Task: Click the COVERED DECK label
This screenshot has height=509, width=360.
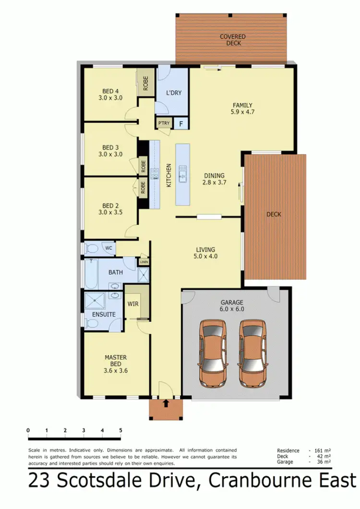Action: [232, 40]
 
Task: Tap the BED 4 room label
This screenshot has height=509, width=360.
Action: [110, 91]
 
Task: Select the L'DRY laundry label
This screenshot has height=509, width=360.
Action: [173, 93]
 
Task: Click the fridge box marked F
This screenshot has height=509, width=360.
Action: [180, 123]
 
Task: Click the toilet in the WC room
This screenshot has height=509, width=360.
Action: [91, 248]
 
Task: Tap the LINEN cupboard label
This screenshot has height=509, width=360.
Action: [144, 262]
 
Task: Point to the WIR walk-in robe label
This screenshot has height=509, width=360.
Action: [132, 303]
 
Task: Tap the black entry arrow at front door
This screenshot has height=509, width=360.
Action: [166, 403]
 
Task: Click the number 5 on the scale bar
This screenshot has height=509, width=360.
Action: [120, 430]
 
